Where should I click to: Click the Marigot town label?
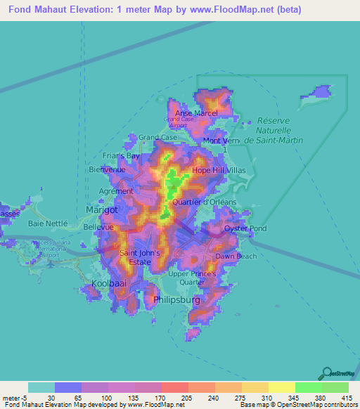pyautogui.click(x=101, y=209)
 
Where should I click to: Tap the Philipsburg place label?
pyautogui.click(x=176, y=300)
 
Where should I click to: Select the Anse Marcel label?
pyautogui.click(x=196, y=113)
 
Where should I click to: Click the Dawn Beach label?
pyautogui.click(x=236, y=257)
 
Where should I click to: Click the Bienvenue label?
pyautogui.click(x=108, y=169)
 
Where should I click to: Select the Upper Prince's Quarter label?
pyautogui.click(x=192, y=278)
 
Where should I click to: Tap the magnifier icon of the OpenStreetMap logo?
pyautogui.click(x=326, y=372)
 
